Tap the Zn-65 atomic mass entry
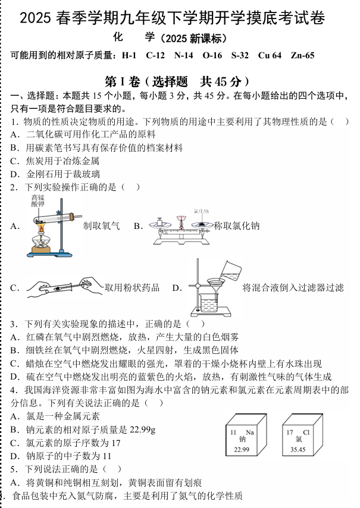(303, 56)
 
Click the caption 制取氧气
(102, 225)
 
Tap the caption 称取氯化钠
(237, 225)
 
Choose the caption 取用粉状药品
(132, 288)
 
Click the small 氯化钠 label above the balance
(201, 211)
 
